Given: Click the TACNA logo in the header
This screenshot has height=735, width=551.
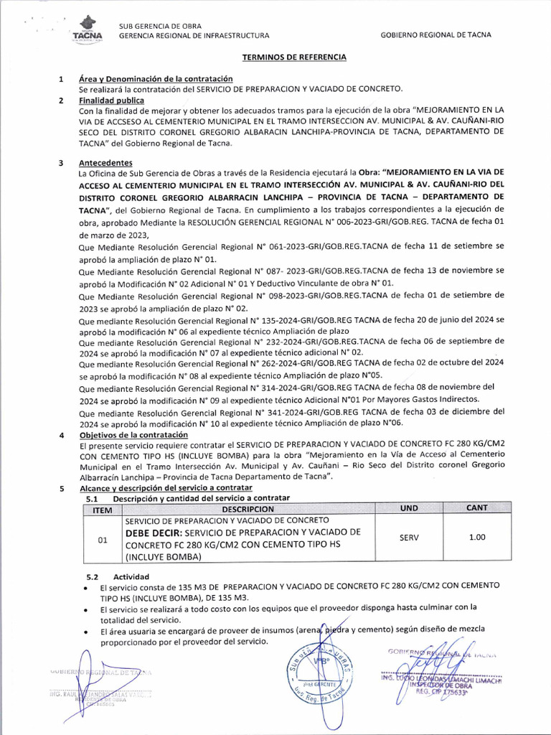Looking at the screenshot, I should [88, 29].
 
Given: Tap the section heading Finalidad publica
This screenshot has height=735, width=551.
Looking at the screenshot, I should [111, 100].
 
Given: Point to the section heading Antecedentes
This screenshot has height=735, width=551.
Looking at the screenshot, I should [105, 163].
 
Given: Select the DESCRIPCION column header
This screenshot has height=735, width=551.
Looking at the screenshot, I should [248, 508].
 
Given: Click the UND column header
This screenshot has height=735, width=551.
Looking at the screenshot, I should [409, 508].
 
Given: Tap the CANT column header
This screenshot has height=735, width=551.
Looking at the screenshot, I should [476, 508].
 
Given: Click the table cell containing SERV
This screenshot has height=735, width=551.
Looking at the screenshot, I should [409, 537].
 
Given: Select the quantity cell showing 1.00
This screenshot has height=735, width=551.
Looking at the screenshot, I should [476, 537].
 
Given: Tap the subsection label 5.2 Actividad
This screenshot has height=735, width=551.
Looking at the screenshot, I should [117, 576].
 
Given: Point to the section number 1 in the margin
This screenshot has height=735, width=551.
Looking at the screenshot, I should [62, 78].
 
